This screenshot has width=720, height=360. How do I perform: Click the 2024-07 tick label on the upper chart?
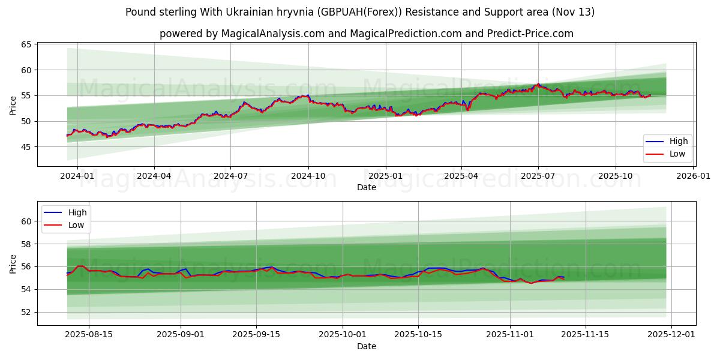coord(231,176)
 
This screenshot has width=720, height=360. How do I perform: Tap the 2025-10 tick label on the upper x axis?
coord(615,176)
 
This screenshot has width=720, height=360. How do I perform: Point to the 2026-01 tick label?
coord(693,176)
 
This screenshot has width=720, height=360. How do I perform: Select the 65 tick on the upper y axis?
coord(26,45)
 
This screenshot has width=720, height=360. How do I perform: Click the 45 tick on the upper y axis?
coord(26,147)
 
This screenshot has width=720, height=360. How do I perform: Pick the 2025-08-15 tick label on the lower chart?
coord(89,335)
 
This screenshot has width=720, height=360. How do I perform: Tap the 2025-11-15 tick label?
coord(585,335)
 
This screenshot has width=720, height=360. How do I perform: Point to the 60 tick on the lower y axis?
coord(26,221)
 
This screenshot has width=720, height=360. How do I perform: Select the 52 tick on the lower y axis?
coord(26,312)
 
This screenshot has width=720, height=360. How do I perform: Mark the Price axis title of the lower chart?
coord(13,263)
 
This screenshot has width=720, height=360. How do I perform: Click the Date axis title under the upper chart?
coord(366,187)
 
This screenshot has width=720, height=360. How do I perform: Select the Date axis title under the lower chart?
coord(366,346)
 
